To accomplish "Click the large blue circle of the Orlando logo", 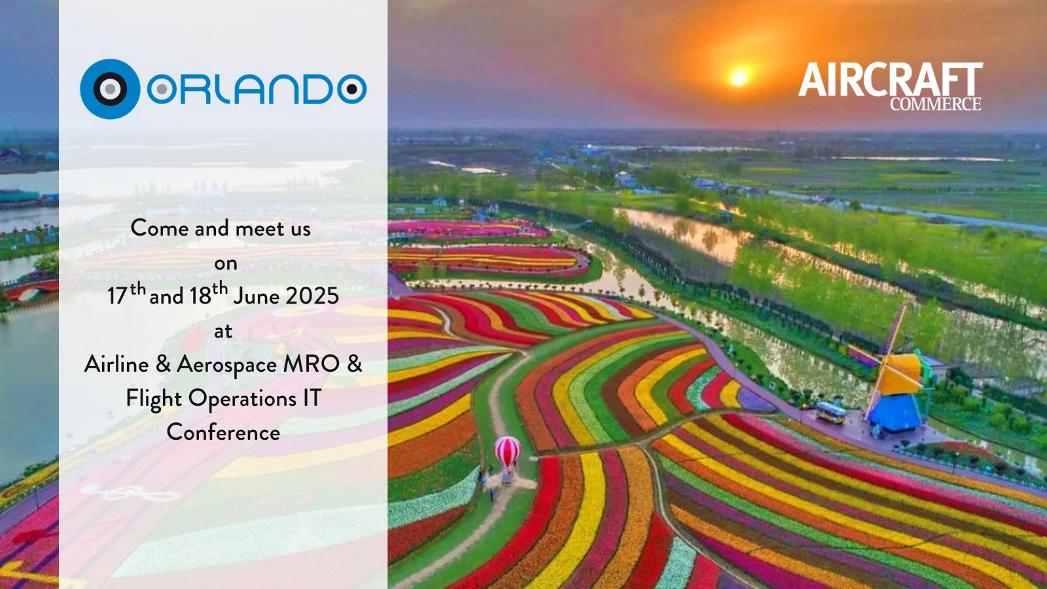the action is click(110, 89).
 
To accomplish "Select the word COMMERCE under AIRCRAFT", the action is click(935, 104).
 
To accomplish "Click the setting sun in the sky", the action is click(739, 77).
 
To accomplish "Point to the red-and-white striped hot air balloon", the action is click(507, 452).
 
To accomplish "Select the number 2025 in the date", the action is click(312, 296).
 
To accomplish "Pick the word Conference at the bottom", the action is click(223, 433).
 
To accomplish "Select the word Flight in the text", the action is click(154, 399).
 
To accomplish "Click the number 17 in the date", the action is click(117, 296).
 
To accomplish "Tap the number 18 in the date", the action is click(200, 296).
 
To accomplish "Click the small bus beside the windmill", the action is click(830, 413).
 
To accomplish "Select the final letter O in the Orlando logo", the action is click(352, 89).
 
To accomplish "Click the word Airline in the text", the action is click(116, 364).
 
